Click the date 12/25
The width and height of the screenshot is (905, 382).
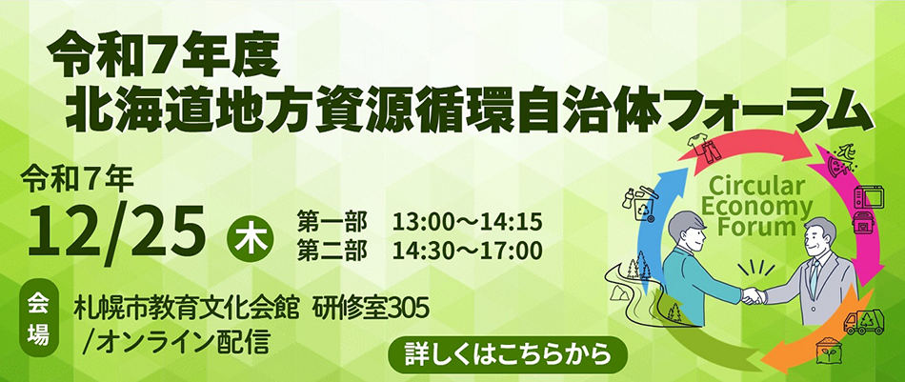pos(117,228)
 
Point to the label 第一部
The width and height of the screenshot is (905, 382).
pos(332,223)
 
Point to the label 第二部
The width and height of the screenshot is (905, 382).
pos(332,250)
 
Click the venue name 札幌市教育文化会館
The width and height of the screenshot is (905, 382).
pos(195,308)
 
